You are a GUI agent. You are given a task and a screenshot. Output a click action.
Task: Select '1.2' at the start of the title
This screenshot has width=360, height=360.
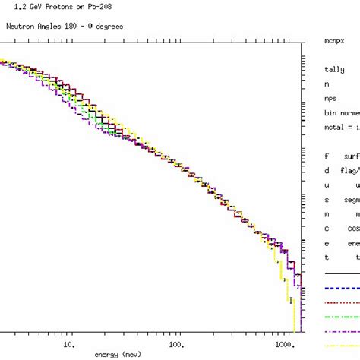[9, 8]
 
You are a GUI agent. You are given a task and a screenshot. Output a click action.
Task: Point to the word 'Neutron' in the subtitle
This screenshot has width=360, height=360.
[21, 25]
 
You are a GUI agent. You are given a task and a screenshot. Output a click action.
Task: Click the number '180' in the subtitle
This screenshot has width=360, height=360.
[63, 25]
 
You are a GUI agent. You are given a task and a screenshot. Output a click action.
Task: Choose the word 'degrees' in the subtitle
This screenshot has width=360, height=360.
[107, 25]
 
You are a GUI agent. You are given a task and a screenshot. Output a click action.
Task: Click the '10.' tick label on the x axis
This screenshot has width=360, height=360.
[68, 343]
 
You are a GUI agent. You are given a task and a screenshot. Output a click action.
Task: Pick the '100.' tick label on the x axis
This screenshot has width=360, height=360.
[176, 343]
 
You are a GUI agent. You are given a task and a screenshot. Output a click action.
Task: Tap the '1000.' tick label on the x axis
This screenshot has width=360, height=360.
[285, 343]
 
